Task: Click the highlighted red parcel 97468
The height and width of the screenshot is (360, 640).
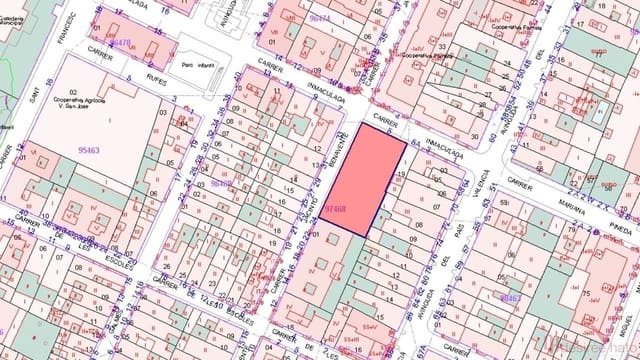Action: [365, 180]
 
